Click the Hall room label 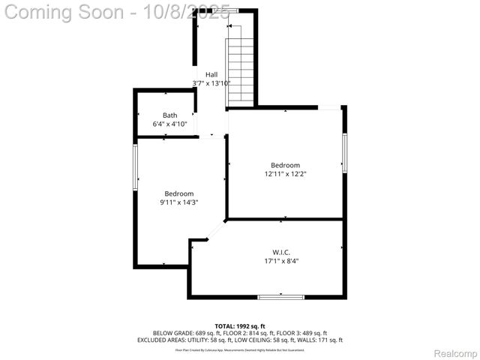click(x=211, y=74)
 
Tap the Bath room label click(x=170, y=115)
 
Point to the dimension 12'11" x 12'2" click(x=286, y=174)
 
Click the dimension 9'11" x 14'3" click(x=179, y=202)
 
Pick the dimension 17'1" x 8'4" click(x=286, y=261)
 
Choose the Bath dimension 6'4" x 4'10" click(x=170, y=124)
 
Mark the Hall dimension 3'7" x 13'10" click(x=211, y=83)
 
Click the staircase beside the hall click(x=241, y=70)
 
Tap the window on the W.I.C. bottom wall click(x=281, y=298)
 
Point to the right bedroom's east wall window click(x=344, y=153)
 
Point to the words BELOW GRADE click(x=173, y=332)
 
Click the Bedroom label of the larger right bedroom click(x=286, y=165)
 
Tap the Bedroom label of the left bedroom click(x=179, y=193)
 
